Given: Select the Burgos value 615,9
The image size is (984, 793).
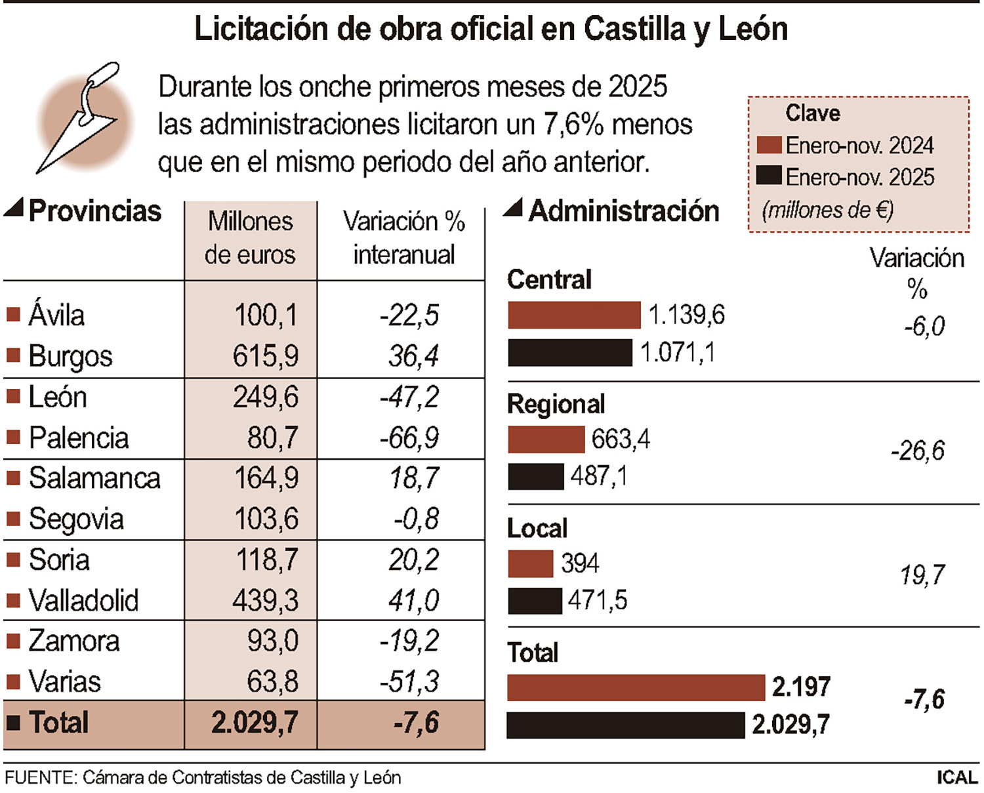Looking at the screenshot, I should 266,356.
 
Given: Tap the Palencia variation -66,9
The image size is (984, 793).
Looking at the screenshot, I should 409,437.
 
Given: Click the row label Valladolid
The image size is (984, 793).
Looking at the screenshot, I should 83,600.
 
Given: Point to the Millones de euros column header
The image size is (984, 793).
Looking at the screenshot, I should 250,238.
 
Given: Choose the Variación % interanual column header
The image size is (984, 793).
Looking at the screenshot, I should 403,238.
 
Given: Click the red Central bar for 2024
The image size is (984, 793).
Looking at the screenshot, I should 573,315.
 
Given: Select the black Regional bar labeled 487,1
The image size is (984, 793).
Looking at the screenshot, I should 535,477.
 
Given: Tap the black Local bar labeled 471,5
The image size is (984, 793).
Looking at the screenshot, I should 535,601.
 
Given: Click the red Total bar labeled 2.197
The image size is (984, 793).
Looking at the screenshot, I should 636,687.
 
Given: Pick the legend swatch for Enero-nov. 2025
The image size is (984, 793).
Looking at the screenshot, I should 768,176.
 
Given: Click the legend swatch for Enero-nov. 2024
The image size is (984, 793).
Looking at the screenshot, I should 768,145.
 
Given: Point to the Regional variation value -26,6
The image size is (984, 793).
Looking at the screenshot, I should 917,451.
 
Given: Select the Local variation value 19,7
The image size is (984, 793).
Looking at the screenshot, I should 922,575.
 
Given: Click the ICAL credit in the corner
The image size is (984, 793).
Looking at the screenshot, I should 957,777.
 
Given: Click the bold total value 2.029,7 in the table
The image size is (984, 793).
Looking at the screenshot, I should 255,723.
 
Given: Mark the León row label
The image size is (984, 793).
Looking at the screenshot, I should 58,397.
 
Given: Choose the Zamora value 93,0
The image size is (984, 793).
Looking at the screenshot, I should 272,641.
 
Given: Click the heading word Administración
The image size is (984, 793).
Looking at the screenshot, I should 624,211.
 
